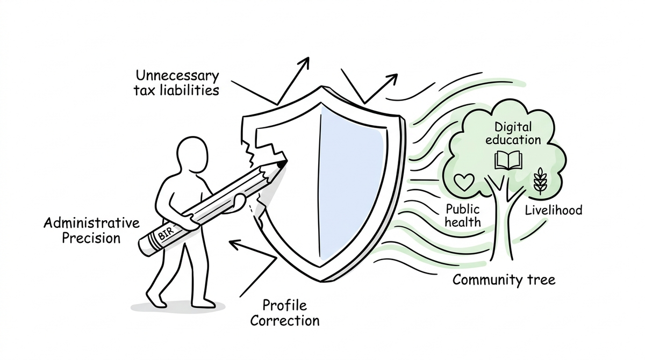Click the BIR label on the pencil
(167, 234)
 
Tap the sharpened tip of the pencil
(282, 163)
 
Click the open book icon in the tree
(508, 160)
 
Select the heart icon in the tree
(464, 182)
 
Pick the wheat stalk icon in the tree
(540, 181)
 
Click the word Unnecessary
(177, 76)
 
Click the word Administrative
(91, 224)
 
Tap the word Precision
(91, 238)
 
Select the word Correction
(285, 321)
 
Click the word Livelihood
(554, 210)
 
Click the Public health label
(463, 216)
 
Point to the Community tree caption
(504, 280)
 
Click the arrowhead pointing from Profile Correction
(235, 244)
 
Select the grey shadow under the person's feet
(178, 307)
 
